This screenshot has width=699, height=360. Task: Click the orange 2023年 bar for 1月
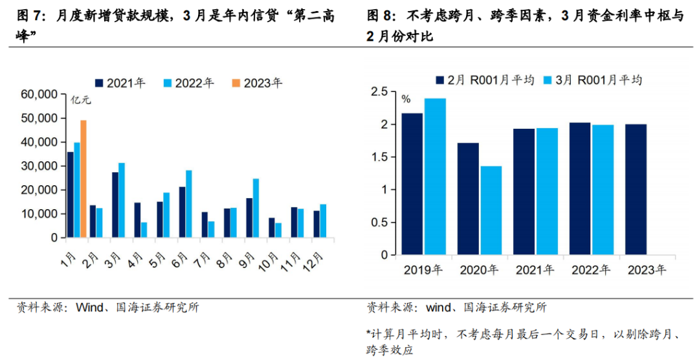point(83,179)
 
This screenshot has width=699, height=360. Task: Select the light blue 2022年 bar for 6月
point(189,204)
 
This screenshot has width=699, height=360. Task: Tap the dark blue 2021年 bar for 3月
point(115,205)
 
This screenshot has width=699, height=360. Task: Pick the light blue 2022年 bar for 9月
point(256,208)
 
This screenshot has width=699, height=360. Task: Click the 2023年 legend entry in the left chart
point(257,83)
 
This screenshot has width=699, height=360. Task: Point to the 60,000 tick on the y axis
point(39,95)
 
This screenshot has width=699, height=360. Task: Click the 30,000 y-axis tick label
point(39,166)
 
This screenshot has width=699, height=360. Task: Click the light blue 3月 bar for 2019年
point(435,176)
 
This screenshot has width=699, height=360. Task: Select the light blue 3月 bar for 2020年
point(491,210)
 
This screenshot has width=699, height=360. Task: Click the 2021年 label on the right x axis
point(535,270)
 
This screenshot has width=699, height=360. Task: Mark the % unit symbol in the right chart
point(406,99)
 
